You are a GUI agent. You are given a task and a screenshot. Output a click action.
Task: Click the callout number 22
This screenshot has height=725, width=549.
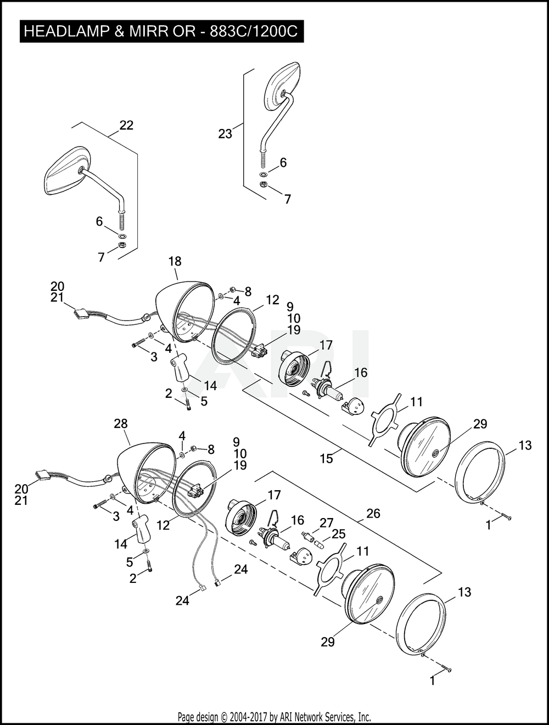coord(126,126)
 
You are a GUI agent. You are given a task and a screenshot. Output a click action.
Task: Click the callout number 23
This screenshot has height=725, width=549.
coord(225,134)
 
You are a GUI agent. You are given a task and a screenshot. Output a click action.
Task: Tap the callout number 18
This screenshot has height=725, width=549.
coord(175,261)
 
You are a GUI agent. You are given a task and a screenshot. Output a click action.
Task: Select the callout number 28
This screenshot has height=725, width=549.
coord(121,424)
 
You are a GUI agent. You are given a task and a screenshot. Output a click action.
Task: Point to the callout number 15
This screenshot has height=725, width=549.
coord(326,458)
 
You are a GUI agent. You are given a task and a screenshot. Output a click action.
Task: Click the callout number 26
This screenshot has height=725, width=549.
coord(373,513)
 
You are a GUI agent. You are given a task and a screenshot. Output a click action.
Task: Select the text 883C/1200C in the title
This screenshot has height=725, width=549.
coord(253,31)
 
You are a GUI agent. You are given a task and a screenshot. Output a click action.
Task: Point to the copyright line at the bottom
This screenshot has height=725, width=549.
coord(274,717)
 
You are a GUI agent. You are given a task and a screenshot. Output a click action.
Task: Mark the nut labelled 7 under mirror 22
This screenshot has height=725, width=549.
coord(122,245)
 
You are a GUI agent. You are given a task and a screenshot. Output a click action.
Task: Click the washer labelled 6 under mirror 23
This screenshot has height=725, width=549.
coord(264,174)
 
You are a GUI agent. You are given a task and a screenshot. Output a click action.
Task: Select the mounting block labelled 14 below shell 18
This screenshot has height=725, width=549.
coord(179,367)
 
